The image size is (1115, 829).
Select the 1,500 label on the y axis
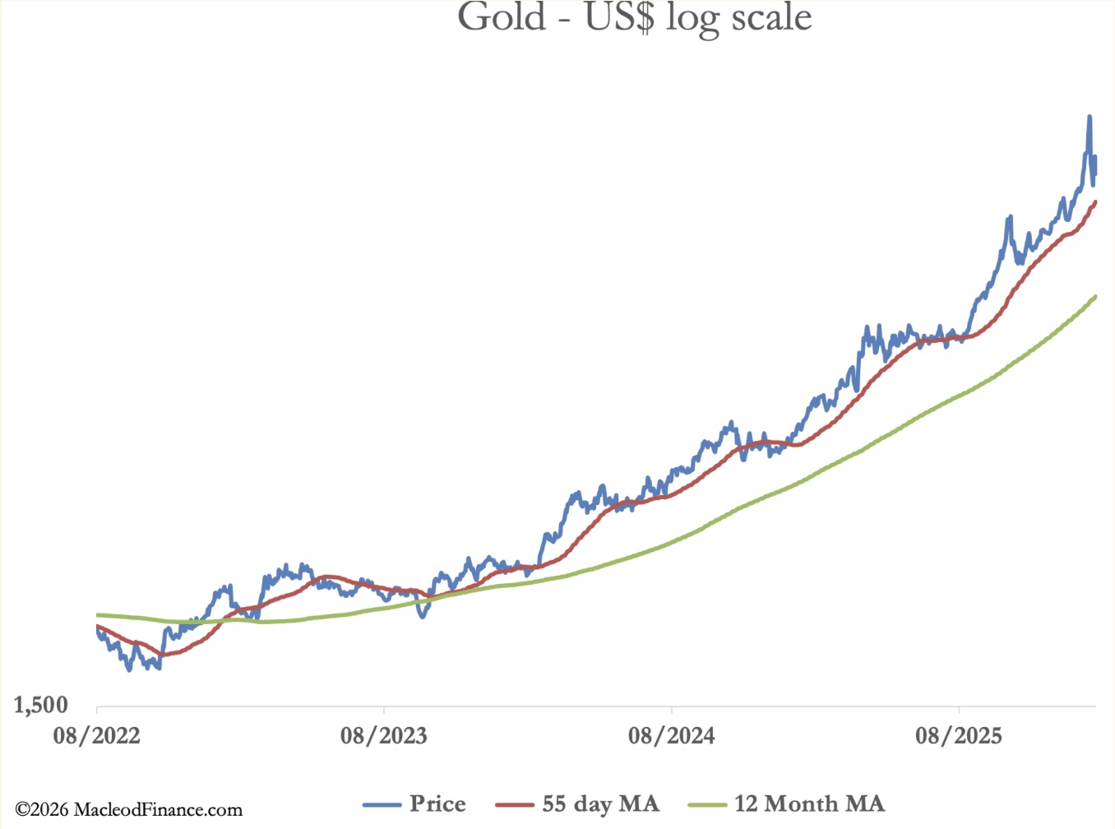click(x=41, y=705)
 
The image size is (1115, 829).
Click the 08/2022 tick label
click(x=97, y=735)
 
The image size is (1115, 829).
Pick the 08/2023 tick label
click(x=384, y=735)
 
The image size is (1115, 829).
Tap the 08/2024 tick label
click(x=671, y=735)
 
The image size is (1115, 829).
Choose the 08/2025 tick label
click(x=959, y=735)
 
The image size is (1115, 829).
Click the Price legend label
click(x=437, y=804)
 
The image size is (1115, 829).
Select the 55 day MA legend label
click(x=600, y=804)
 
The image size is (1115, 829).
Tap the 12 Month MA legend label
click(x=809, y=804)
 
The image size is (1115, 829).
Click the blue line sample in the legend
click(x=382, y=804)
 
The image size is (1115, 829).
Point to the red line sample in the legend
click(x=515, y=804)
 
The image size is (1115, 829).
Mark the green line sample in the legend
click(x=707, y=804)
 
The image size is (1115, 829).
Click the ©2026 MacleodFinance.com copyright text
click(x=129, y=810)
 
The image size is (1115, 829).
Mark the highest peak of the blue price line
click(x=1090, y=117)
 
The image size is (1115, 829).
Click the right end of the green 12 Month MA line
click(x=1096, y=296)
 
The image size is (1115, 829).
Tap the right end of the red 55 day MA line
click(x=1096, y=201)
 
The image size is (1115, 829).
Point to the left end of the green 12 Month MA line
click(x=98, y=615)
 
